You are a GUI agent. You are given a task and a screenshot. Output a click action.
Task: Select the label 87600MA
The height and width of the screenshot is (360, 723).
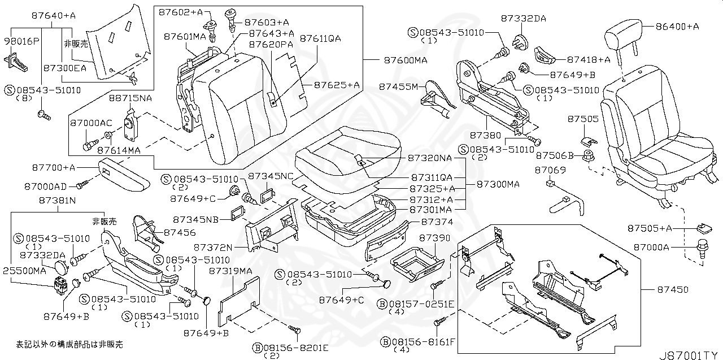click(405, 60)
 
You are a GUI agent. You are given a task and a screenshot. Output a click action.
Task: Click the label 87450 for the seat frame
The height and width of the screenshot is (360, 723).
click(672, 290)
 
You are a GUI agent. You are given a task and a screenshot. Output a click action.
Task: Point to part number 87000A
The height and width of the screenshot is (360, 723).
click(650, 247)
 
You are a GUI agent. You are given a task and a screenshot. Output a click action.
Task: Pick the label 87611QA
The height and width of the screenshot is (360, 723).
click(320, 38)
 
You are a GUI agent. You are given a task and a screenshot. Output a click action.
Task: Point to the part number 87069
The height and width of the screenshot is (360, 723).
click(546, 170)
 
